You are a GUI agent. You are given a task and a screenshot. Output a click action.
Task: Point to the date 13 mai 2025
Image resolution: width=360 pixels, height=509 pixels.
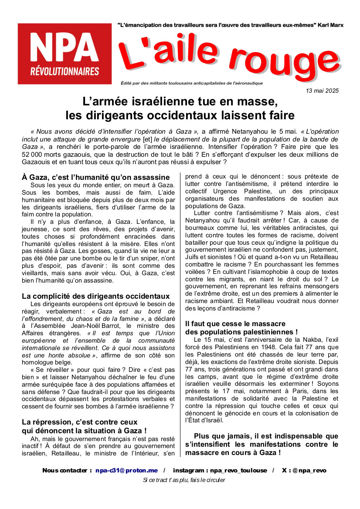(322, 91)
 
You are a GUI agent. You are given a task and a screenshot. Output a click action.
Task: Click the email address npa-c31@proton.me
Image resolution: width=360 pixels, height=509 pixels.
(126, 470)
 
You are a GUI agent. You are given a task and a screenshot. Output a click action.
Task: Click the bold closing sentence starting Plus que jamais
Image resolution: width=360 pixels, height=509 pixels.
(262, 444)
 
